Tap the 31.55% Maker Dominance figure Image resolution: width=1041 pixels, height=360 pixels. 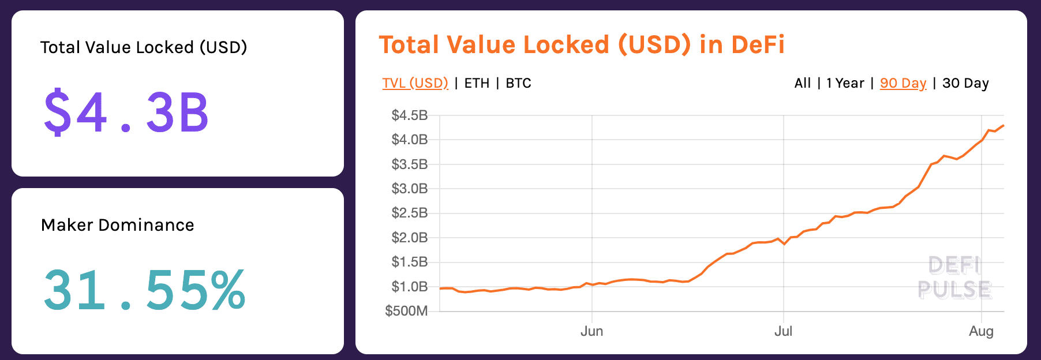(144, 290)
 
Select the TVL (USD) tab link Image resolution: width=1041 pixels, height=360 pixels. (415, 83)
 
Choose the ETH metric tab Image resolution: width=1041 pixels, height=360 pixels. (477, 83)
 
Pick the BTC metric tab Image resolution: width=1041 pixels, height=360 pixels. (518, 83)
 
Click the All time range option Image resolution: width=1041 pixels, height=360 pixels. (802, 83)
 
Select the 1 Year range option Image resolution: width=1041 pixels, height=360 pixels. (845, 83)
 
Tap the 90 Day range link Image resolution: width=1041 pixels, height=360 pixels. (903, 83)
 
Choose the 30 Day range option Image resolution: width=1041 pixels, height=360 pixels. (965, 83)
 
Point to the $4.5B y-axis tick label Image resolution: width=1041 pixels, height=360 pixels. (410, 115)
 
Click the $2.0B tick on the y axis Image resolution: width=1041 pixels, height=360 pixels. (410, 238)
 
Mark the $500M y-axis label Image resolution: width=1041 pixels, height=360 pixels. (406, 312)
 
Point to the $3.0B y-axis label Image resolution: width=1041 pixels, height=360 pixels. (410, 189)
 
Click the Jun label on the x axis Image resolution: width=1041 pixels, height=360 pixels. (591, 331)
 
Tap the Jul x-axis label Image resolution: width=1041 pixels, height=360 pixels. (783, 331)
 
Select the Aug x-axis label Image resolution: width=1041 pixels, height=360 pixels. (981, 331)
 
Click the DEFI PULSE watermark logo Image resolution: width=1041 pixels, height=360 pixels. (954, 277)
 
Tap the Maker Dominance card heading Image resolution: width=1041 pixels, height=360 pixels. (118, 225)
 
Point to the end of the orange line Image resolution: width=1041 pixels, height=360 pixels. (1003, 125)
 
